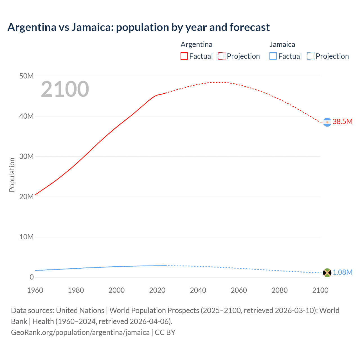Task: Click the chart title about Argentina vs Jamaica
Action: click(138, 27)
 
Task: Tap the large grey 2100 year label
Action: click(65, 89)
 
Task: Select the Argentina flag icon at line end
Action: click(327, 122)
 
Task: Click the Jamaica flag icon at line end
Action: click(327, 273)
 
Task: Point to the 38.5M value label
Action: click(342, 121)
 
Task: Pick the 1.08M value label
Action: click(342, 272)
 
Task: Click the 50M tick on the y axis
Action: click(26, 76)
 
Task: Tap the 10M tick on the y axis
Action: click(26, 237)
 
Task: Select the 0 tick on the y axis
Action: click(31, 277)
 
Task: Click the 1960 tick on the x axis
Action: click(35, 290)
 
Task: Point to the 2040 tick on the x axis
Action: click(198, 290)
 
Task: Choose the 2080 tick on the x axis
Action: click(280, 290)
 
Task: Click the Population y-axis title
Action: click(12, 175)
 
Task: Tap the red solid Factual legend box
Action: click(184, 56)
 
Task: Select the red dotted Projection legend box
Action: click(222, 56)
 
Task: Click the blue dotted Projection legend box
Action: click(311, 56)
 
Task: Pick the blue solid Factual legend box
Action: click(273, 56)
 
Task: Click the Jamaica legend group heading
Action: click(282, 44)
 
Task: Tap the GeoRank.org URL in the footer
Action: click(80, 332)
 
